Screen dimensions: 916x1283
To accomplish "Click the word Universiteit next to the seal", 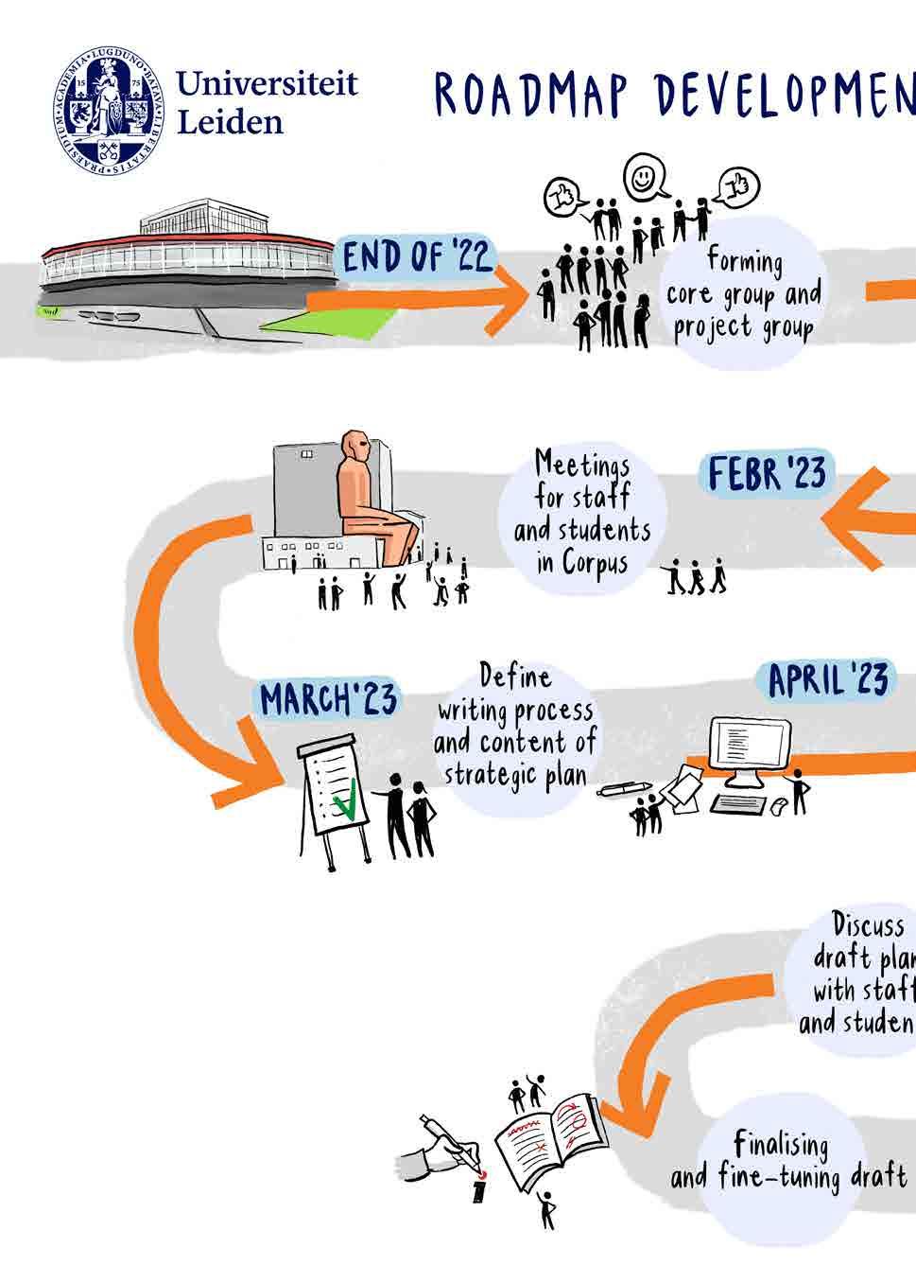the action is (268, 84).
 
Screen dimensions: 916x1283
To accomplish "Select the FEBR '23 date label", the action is (766, 473).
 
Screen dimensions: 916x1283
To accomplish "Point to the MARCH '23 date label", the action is (328, 700).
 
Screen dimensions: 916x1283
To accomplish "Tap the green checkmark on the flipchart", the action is (346, 800).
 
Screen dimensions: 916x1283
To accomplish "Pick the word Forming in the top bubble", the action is (745, 262).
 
